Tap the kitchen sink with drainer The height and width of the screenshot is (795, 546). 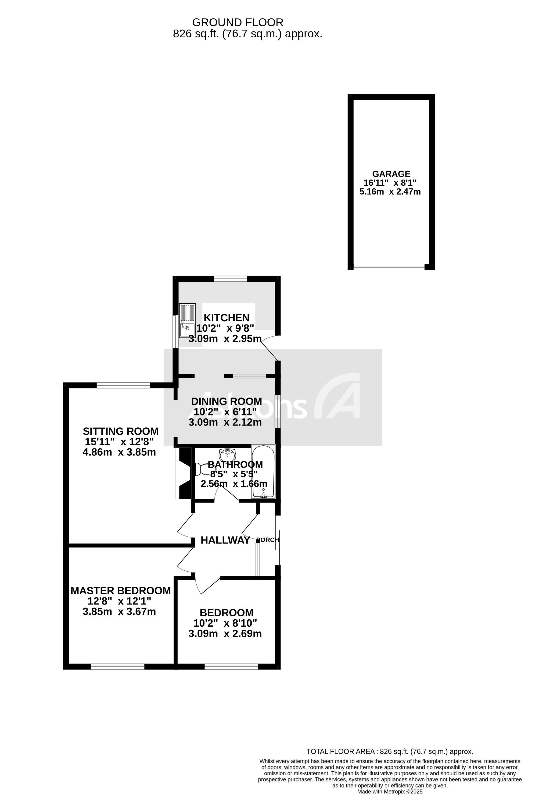187,321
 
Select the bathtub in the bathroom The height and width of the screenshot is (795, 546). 263,472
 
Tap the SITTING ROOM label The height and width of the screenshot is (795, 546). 121,431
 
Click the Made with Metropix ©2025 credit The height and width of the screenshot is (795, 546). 390,791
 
